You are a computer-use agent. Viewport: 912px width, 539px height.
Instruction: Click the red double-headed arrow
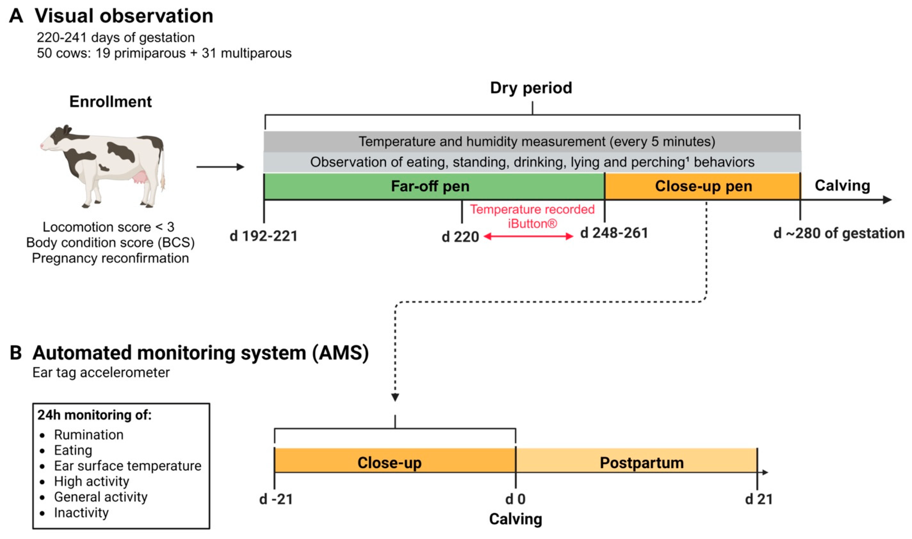[x=529, y=237]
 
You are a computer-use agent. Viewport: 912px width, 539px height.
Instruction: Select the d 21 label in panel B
[x=759, y=499]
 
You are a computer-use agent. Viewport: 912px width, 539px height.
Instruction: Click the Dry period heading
[x=531, y=88]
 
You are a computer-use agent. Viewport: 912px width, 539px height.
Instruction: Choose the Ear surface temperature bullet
[x=128, y=466]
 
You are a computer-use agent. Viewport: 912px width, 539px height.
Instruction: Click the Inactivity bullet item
[x=81, y=512]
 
